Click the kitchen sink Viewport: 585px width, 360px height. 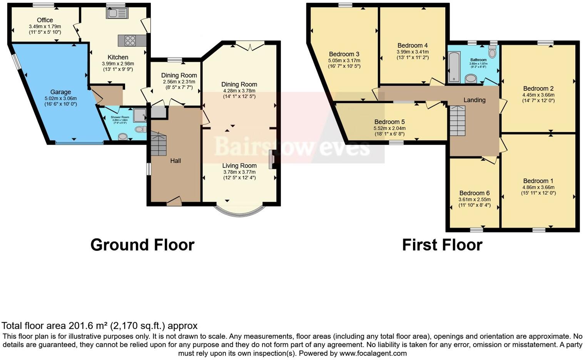pos(117,13)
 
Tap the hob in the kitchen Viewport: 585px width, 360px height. pos(130,40)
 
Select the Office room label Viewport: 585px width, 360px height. pos(45,20)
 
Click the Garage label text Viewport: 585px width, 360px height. pos(60,92)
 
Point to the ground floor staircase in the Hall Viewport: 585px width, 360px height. pos(158,144)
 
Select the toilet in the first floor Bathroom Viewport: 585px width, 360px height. pos(492,51)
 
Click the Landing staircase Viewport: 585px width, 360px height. pos(458,121)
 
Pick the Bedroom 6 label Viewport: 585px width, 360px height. pos(474,193)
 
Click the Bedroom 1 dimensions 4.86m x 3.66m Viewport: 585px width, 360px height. pos(538,187)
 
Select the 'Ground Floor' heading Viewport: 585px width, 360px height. pos(142,245)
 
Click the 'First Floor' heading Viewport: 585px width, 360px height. pos(442,245)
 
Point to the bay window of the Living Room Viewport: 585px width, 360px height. pos(239,212)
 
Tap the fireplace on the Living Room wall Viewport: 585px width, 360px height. pos(272,159)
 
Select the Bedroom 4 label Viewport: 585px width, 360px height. pos(413,45)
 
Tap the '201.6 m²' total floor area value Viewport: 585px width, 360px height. pos(88,326)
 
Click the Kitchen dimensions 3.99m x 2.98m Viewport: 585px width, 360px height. pos(118,64)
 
